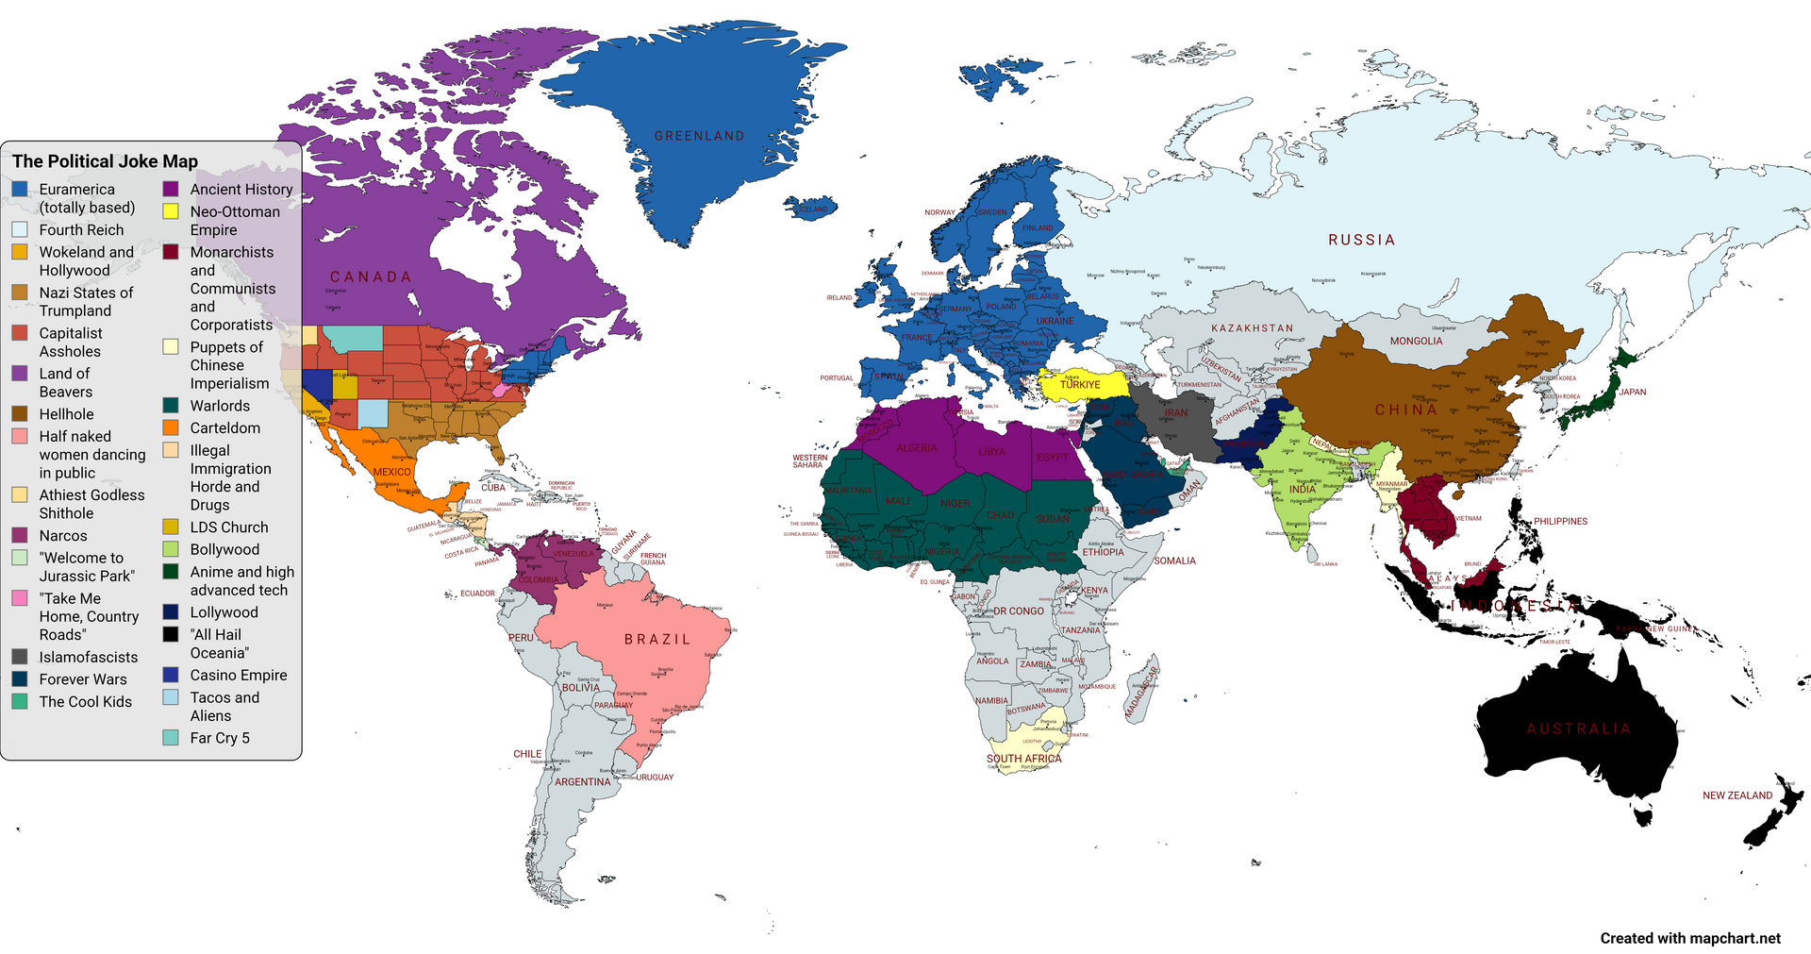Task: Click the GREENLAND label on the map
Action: coord(699,136)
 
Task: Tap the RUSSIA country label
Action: coord(1361,240)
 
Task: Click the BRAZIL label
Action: coord(657,639)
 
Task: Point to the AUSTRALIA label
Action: coord(1578,728)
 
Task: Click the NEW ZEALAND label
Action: coord(1736,795)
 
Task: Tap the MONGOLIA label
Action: coord(1416,341)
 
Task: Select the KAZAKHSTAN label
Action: coord(1252,328)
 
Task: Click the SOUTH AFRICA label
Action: coord(1023,759)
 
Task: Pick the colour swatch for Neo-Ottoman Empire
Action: coord(171,211)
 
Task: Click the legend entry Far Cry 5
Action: coord(220,738)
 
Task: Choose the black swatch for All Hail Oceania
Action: coord(171,634)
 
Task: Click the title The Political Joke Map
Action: coord(105,161)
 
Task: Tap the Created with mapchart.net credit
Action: coord(1689,938)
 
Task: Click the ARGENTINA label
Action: coord(582,781)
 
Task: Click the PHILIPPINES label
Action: coord(1560,521)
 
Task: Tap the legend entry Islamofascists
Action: coord(88,657)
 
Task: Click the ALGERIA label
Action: coord(916,447)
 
